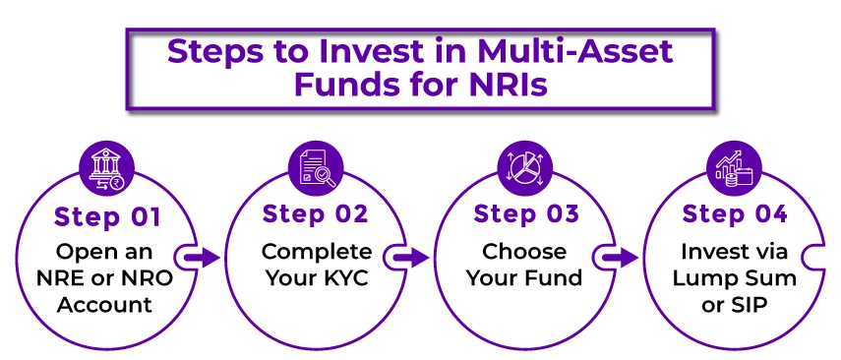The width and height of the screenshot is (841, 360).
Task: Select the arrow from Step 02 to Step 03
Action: (x=413, y=258)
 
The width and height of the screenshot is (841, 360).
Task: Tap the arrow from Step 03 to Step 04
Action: (x=622, y=258)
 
